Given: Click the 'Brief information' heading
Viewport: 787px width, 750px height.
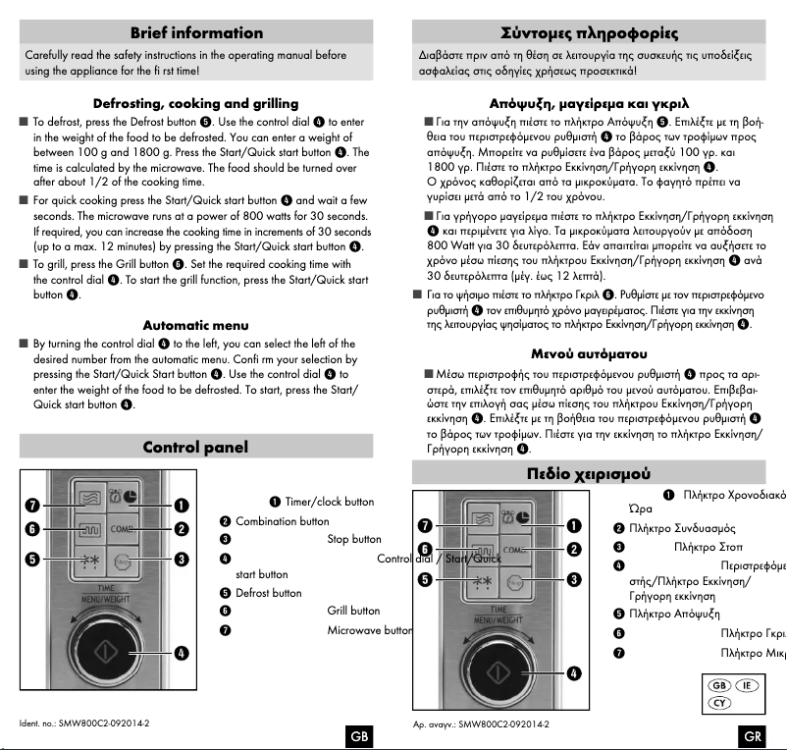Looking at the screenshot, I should click(x=195, y=33).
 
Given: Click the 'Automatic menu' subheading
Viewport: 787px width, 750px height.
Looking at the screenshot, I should click(x=195, y=325).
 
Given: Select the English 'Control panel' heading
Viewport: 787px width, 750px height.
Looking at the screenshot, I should click(x=195, y=448).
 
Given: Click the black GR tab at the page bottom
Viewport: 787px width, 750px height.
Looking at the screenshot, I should click(x=753, y=736).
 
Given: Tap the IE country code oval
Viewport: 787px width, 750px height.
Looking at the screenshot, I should click(x=751, y=685).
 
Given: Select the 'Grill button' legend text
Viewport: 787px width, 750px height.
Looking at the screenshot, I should click(x=352, y=611).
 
